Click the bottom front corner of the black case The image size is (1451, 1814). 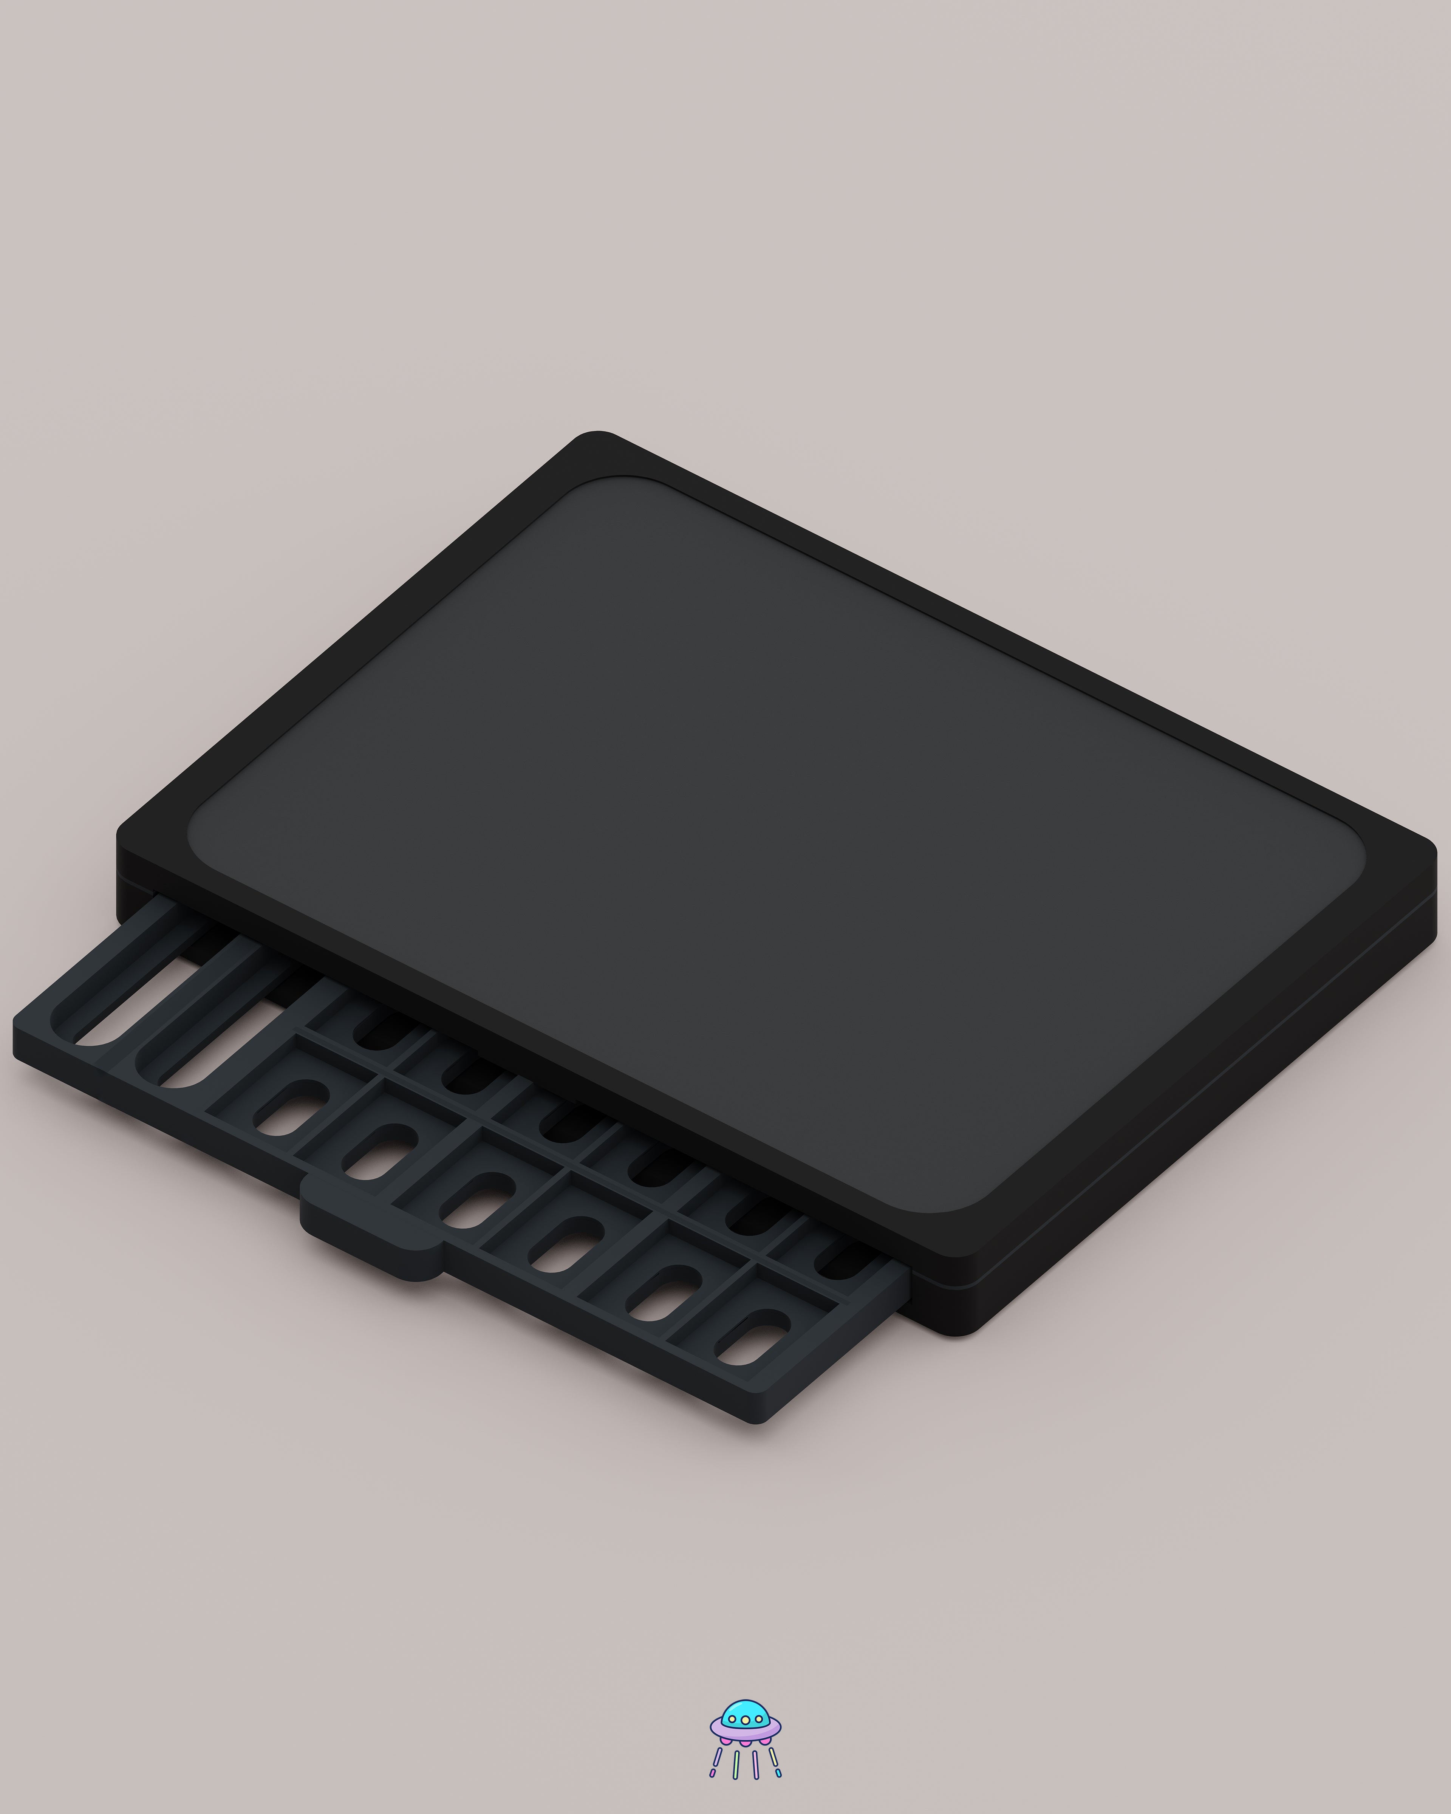point(959,1330)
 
